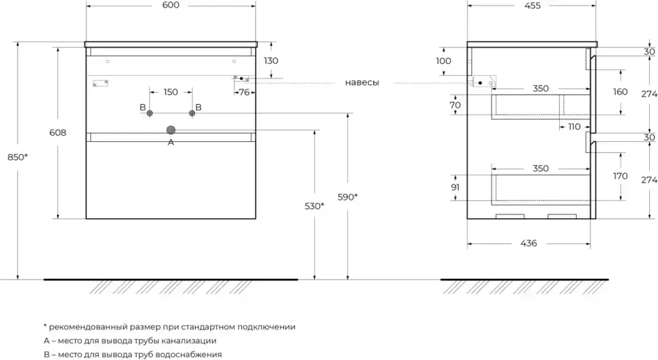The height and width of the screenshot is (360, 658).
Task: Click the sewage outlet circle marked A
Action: point(170,130)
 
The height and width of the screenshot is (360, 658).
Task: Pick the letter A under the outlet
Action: point(170,142)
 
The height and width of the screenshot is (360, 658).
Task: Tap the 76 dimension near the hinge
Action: point(243,93)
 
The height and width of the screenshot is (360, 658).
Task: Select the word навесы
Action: point(361,82)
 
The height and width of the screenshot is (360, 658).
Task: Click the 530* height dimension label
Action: point(314,205)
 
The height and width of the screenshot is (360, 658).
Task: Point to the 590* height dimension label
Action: point(348,197)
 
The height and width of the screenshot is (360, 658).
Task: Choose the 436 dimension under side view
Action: point(529,243)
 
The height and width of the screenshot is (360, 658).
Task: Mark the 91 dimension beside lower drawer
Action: point(455,186)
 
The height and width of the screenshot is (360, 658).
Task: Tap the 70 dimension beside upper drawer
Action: point(455,106)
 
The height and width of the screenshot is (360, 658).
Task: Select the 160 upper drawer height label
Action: point(620,92)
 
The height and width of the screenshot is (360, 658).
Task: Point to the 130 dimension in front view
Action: point(271,61)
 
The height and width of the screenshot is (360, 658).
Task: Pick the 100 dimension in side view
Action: point(443,61)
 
